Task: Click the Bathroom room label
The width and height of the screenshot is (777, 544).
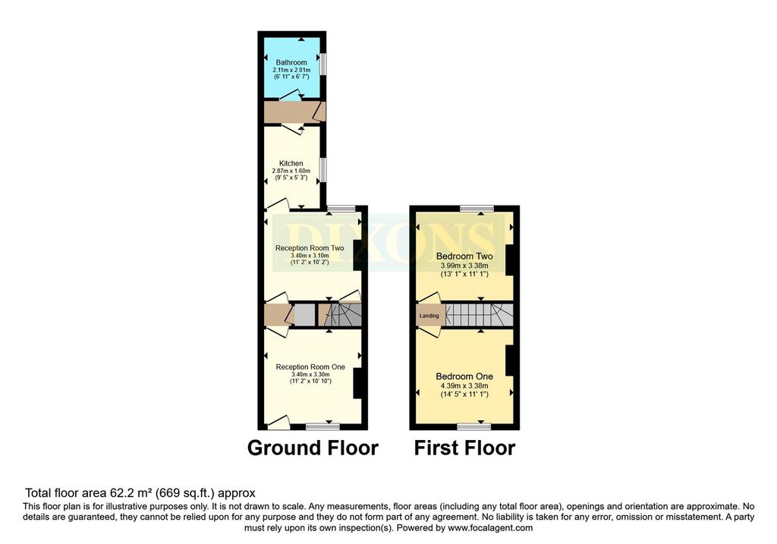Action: (291, 62)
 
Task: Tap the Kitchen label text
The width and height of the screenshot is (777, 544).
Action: (291, 163)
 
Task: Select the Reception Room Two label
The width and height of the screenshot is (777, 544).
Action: (310, 248)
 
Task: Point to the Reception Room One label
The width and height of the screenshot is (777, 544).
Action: (310, 366)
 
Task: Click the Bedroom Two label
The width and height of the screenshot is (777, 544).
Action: (464, 256)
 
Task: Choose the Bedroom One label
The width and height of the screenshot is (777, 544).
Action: (464, 376)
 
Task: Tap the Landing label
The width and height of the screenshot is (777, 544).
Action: (429, 316)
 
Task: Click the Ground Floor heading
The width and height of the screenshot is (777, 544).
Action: (313, 448)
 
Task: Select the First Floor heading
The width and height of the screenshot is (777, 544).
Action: (465, 448)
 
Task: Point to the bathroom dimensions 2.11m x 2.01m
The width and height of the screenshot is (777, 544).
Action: (291, 71)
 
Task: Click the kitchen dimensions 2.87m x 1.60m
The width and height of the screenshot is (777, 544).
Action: (291, 171)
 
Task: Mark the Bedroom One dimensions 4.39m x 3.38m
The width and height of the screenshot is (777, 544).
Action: (464, 386)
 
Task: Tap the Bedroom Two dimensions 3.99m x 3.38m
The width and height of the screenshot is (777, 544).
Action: (464, 266)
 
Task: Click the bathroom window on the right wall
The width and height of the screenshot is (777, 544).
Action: (323, 64)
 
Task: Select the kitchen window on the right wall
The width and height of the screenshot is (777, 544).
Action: (323, 170)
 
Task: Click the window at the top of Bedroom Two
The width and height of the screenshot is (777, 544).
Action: (477, 209)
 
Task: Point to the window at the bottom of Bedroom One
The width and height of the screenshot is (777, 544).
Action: (473, 426)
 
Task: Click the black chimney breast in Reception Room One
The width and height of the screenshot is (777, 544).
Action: (357, 383)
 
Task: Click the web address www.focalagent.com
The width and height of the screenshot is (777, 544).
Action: (490, 528)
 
